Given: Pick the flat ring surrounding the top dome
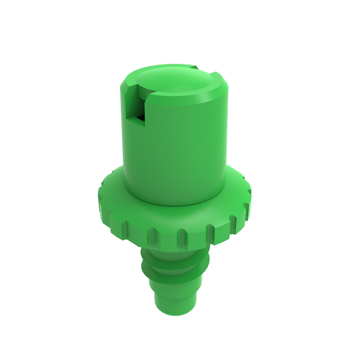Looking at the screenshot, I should coord(211,85).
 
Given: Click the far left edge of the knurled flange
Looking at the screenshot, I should coord(99,198).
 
